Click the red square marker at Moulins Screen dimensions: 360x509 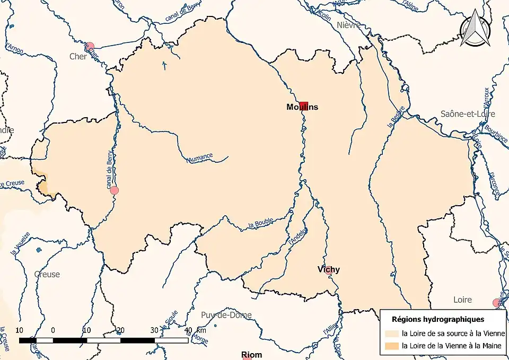303,106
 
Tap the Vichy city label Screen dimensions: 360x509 329,269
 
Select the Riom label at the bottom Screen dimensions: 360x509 251,355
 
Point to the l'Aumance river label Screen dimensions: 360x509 200,157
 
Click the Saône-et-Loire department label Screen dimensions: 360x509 468,114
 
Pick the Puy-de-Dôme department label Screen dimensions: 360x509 226,315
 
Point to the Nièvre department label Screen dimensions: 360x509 348,25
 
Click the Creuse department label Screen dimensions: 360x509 47,274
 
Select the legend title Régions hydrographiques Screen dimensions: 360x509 437,319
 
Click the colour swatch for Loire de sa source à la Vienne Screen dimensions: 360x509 392,333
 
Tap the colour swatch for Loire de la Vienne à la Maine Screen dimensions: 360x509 392,346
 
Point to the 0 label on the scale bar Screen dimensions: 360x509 53,330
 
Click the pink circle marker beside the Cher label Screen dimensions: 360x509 90,46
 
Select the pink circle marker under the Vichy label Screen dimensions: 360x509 329,271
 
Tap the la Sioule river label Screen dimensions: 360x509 169,320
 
